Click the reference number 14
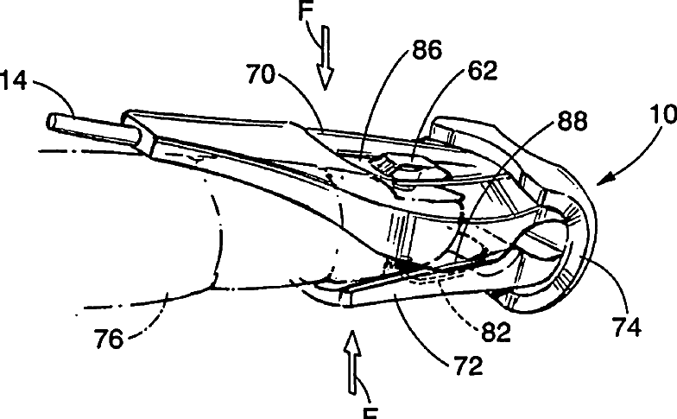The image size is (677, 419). tap(15, 85)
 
